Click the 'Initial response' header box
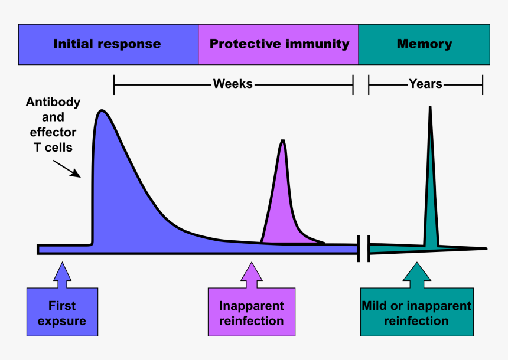[108, 44]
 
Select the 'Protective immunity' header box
[279, 44]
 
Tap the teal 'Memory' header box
[424, 44]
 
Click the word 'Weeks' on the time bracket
[233, 84]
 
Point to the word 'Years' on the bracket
[425, 84]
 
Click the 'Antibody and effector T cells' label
[53, 125]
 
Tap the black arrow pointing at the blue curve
[66, 168]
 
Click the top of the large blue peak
[102, 111]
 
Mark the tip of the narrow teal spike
[430, 107]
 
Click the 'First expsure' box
[62, 313]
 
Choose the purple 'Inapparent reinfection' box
[252, 313]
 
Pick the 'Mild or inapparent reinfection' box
[416, 313]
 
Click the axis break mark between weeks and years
[363, 248]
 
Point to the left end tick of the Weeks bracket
[114, 84]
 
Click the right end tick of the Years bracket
[483, 84]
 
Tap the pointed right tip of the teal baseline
[486, 248]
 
